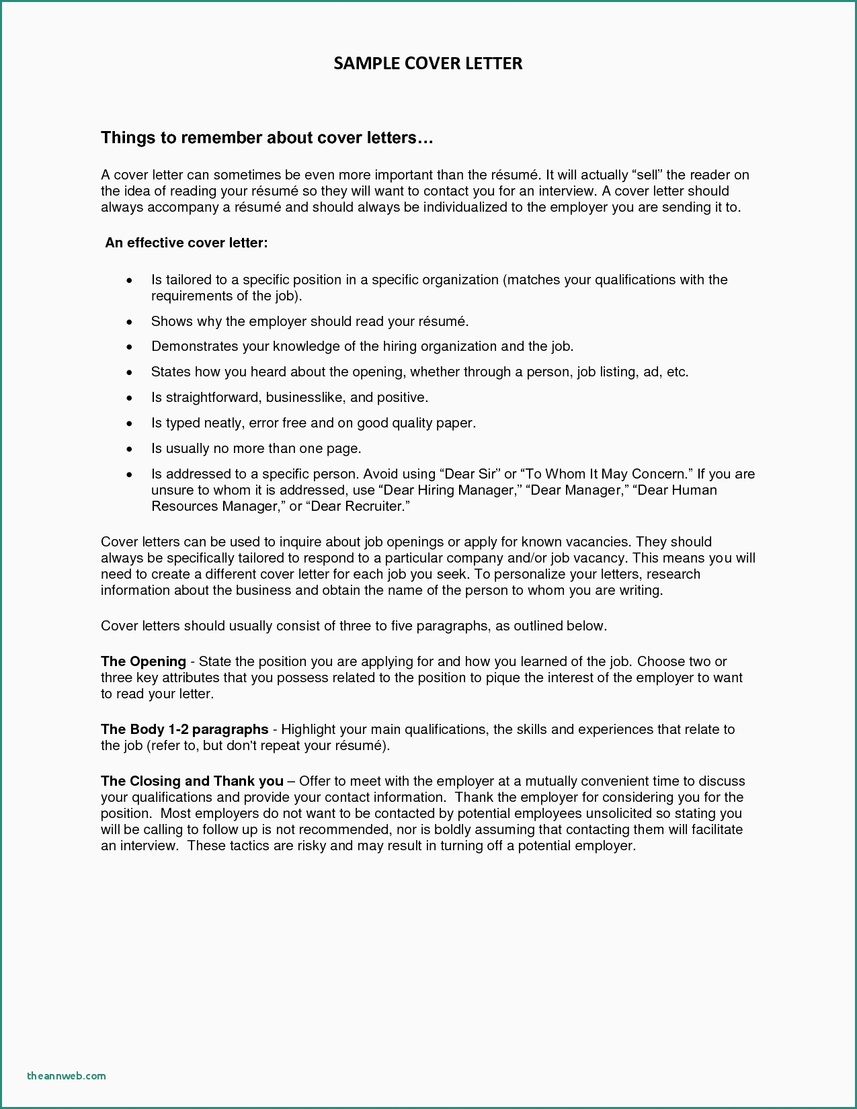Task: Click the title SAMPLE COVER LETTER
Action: pyautogui.click(x=428, y=63)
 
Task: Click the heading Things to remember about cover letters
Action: pyautogui.click(x=267, y=138)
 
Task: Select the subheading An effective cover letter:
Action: pyautogui.click(x=186, y=243)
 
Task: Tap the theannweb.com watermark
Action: pyautogui.click(x=67, y=1075)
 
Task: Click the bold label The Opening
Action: pyautogui.click(x=143, y=661)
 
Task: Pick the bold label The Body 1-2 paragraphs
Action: pyautogui.click(x=184, y=729)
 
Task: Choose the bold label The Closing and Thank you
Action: pyautogui.click(x=192, y=781)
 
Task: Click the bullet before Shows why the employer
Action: pyautogui.click(x=130, y=323)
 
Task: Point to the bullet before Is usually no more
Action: pyautogui.click(x=130, y=450)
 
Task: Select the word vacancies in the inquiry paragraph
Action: pyautogui.click(x=596, y=542)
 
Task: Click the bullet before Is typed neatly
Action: pyautogui.click(x=130, y=424)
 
